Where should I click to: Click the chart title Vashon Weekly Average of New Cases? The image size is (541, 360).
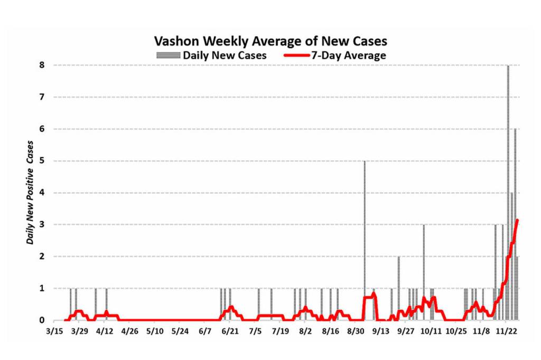pyautogui.click(x=270, y=41)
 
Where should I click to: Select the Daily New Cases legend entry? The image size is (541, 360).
pyautogui.click(x=224, y=55)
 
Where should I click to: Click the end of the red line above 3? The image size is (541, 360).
pyautogui.click(x=517, y=220)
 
